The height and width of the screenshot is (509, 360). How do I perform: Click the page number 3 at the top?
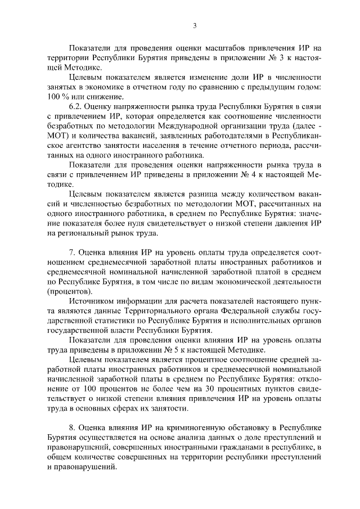click(x=194, y=25)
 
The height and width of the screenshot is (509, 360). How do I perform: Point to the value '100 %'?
click(x=57, y=97)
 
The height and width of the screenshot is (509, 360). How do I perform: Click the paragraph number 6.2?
click(x=76, y=107)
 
